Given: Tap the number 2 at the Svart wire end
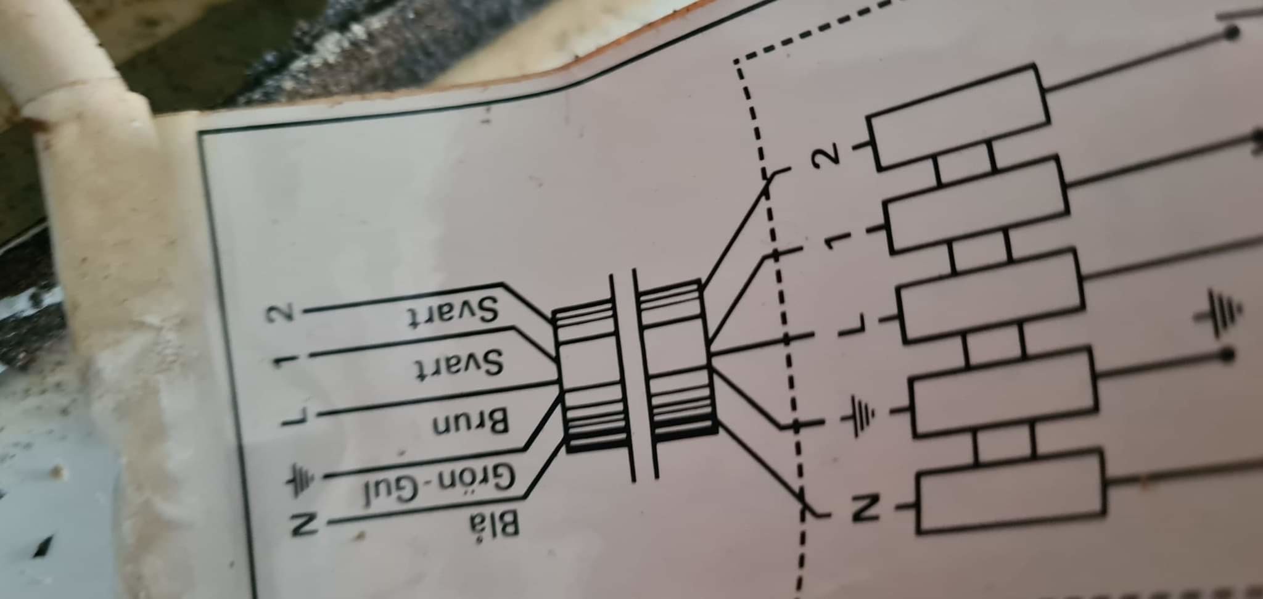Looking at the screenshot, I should coord(282,315).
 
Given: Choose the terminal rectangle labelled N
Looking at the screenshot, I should coord(1011,492).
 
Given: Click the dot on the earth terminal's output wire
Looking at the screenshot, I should coord(1227,355).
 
